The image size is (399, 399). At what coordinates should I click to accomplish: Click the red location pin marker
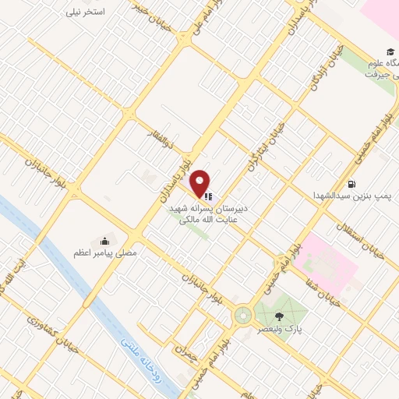(x=202, y=183)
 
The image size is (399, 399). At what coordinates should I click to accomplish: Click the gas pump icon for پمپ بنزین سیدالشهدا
(x=352, y=185)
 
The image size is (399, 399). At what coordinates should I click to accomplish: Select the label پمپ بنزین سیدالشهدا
(x=351, y=195)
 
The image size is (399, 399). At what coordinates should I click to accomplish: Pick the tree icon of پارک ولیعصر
(x=279, y=316)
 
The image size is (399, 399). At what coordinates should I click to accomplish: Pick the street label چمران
(x=205, y=351)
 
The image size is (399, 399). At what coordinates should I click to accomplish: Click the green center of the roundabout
(x=243, y=316)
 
